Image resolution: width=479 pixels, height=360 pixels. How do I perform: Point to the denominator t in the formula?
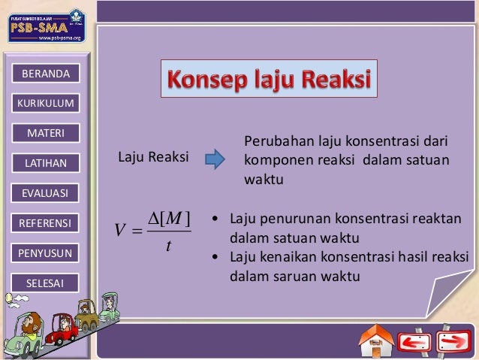click(x=170, y=245)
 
